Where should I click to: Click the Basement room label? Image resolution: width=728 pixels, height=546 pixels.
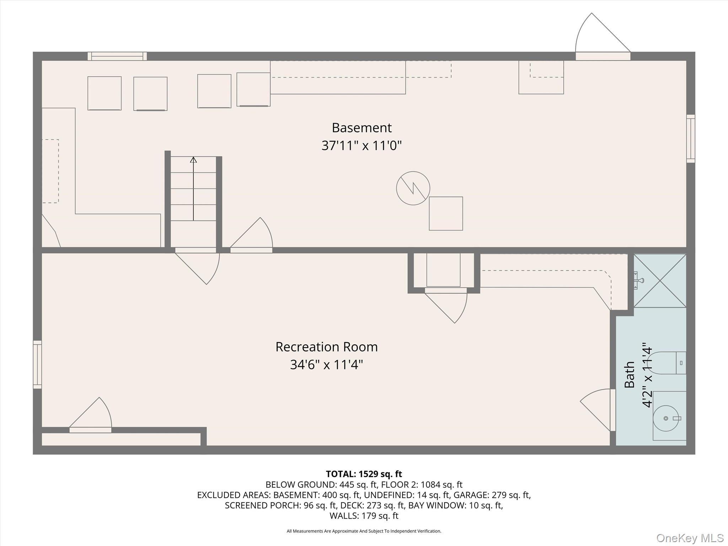(362, 128)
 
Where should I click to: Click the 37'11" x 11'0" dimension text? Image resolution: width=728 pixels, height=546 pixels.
(362, 146)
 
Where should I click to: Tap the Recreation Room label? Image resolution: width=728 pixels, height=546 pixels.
(326, 347)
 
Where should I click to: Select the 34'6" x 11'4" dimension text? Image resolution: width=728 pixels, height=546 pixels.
(326, 365)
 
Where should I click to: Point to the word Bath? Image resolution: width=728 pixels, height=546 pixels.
(630, 375)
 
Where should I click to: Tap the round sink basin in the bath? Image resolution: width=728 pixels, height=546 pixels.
(666, 418)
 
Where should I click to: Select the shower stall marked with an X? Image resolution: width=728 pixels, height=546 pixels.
(660, 280)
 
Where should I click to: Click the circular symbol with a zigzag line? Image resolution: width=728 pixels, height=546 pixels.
(413, 188)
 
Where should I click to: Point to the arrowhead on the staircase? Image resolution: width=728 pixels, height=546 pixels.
(193, 160)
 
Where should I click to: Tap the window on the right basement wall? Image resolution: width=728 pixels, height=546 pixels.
(690, 139)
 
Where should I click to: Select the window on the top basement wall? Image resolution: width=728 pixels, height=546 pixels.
(117, 56)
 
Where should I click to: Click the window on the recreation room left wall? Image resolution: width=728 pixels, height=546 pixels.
(37, 364)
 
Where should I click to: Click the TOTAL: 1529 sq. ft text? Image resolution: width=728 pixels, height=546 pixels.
(364, 474)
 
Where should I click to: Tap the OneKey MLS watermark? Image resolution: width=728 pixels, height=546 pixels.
(690, 538)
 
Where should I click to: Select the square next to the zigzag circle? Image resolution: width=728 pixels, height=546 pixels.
(446, 214)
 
